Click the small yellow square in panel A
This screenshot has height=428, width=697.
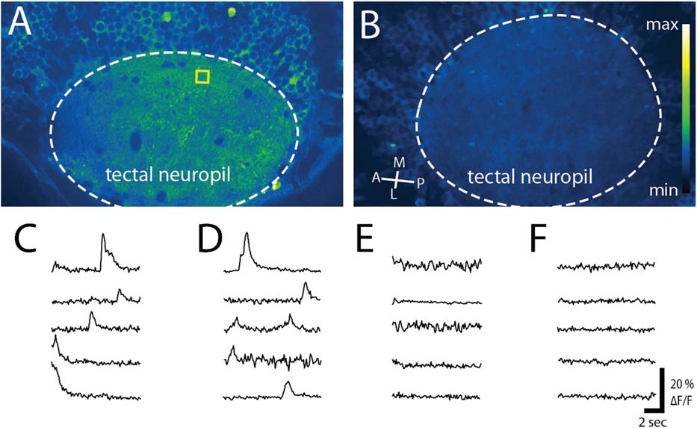point(202,76)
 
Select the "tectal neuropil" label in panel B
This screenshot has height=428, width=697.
point(530,178)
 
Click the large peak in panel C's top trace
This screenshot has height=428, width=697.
point(103,238)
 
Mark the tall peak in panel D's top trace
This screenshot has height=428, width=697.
point(247,238)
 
